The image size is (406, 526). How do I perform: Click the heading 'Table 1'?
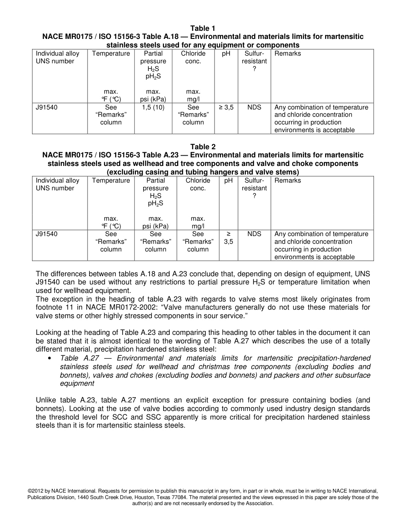point(203,29)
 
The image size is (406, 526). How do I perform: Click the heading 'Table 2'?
point(203,147)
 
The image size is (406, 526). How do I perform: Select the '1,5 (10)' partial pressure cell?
point(153,107)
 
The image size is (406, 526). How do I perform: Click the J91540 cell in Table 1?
point(47,107)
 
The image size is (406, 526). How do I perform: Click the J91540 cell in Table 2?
point(47,234)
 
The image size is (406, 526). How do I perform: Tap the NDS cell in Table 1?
point(254,107)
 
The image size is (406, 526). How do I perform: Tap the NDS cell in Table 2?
point(254,234)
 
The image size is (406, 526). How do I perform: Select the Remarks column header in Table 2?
point(288,180)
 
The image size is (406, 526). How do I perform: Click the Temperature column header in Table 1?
point(111,53)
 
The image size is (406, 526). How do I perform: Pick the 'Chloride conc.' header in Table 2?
point(197,184)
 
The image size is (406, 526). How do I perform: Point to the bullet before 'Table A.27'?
point(50,358)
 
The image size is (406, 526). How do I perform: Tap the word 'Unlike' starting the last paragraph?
point(46,400)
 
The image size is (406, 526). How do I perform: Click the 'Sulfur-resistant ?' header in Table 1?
point(254,61)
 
